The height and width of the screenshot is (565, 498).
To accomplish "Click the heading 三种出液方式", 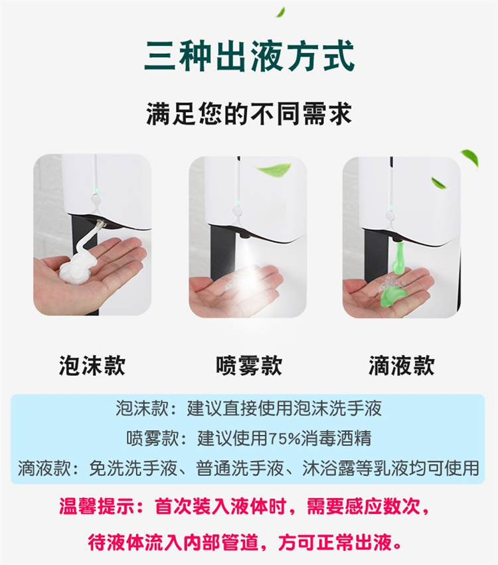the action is pyautogui.click(x=250, y=56).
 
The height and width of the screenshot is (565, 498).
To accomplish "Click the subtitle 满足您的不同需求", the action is pyautogui.click(x=249, y=114).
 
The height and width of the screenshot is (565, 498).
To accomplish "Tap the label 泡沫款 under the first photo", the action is pyautogui.click(x=92, y=366).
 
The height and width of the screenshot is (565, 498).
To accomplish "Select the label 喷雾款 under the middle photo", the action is pyautogui.click(x=249, y=366).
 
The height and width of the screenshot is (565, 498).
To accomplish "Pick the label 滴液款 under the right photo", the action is pyautogui.click(x=402, y=366).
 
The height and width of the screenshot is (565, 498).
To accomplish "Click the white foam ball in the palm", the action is pyautogui.click(x=78, y=268).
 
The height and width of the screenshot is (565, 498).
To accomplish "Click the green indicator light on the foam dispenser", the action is pyautogui.click(x=96, y=189).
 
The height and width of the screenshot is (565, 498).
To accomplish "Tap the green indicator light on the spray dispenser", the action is pyautogui.click(x=238, y=200).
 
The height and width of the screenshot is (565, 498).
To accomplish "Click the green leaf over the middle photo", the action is pyautogui.click(x=273, y=169).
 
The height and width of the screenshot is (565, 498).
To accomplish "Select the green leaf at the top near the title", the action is pyautogui.click(x=280, y=12).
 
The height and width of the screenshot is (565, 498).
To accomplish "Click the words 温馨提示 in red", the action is pyautogui.click(x=96, y=507).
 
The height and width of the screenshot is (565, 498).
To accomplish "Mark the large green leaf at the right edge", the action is pyautogui.click(x=471, y=159).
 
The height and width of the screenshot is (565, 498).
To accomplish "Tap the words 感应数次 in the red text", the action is pyautogui.click(x=382, y=507).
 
